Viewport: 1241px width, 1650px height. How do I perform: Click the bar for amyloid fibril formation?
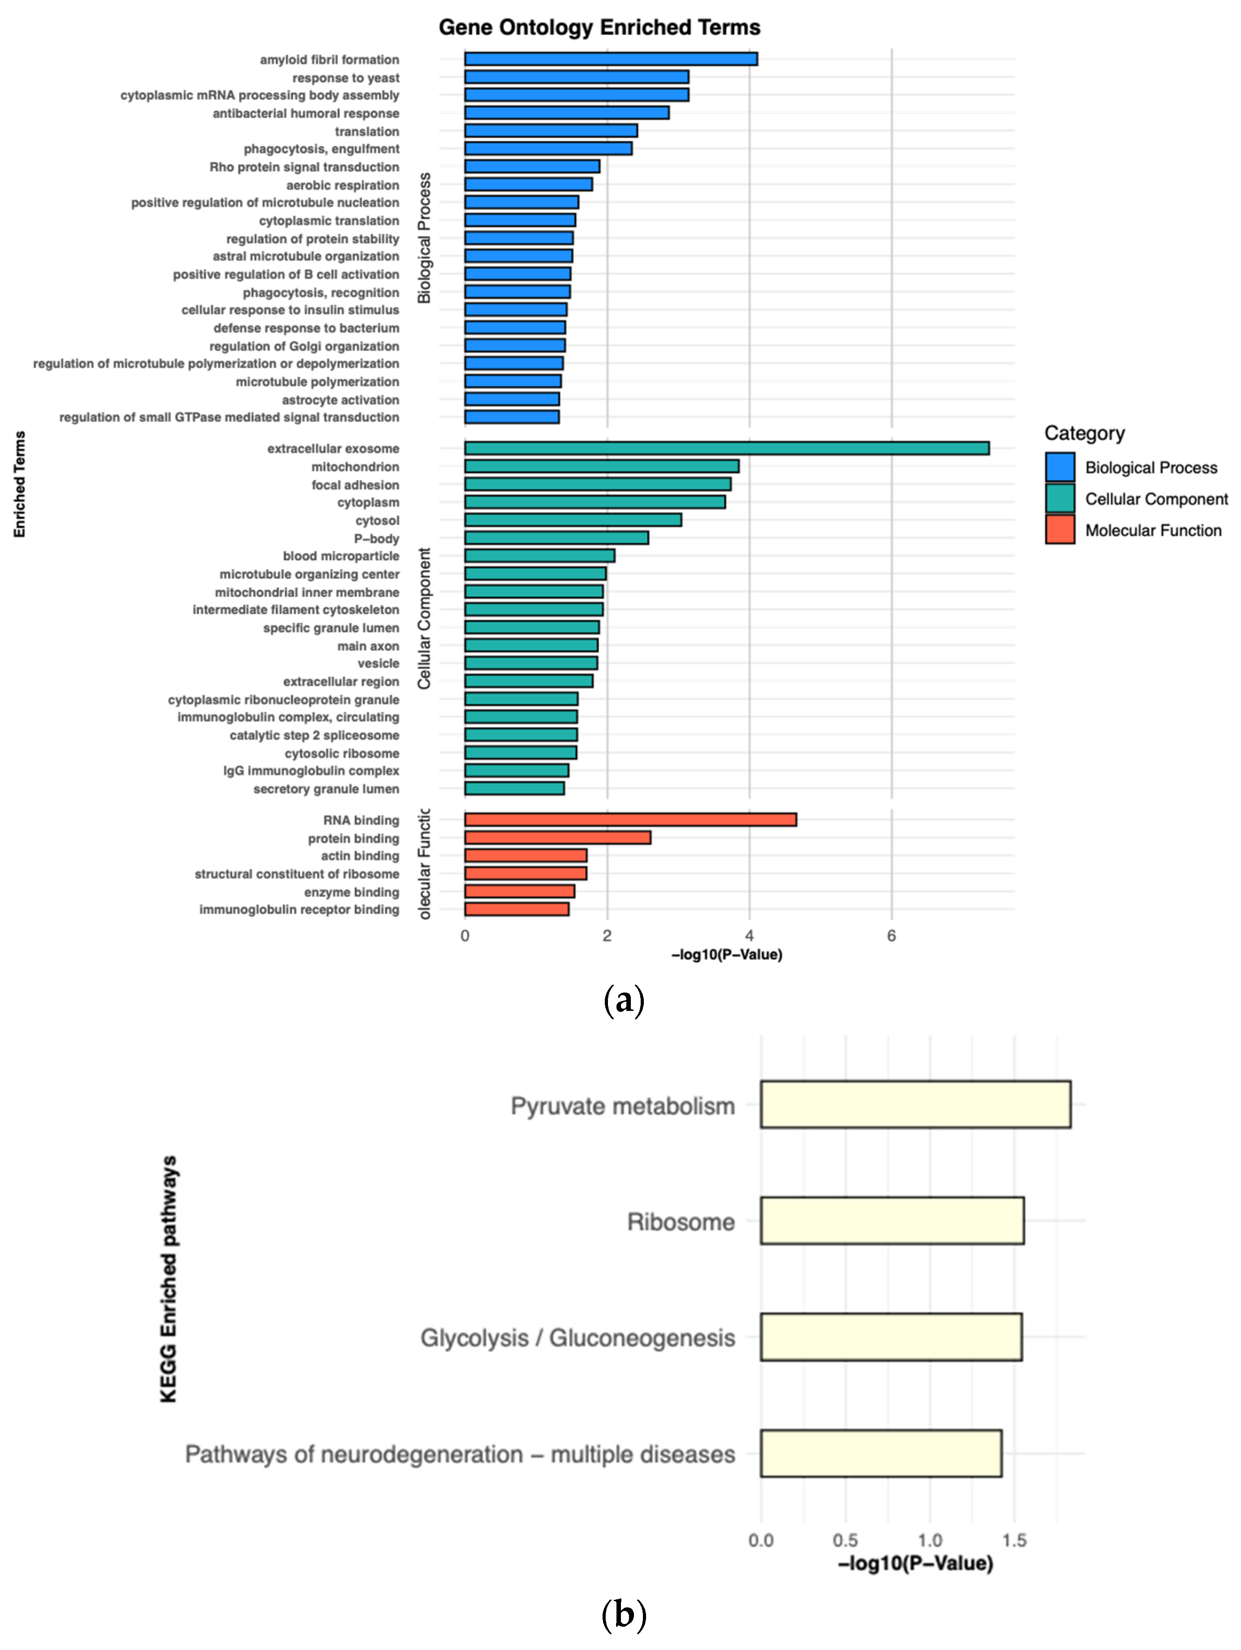(x=610, y=59)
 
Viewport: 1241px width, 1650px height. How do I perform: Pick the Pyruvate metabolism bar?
(x=915, y=1104)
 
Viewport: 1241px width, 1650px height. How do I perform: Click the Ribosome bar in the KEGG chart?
(x=892, y=1220)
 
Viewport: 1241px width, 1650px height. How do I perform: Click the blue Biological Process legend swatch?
(x=1059, y=467)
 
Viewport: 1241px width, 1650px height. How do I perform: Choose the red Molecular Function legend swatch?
(x=1059, y=530)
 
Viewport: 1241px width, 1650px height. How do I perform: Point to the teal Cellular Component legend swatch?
(x=1059, y=498)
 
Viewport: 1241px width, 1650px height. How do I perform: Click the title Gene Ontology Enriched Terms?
(x=599, y=28)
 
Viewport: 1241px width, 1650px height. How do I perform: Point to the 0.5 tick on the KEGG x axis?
(x=845, y=1540)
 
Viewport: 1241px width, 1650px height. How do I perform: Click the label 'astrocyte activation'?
(x=340, y=400)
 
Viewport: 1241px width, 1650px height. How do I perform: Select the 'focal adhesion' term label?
(x=355, y=485)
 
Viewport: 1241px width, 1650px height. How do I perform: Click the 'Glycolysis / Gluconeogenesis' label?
(x=577, y=1337)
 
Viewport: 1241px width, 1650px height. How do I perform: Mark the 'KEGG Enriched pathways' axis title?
(x=169, y=1279)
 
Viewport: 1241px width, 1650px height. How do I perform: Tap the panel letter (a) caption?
(x=623, y=1000)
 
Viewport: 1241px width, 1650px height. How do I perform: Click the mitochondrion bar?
(x=601, y=466)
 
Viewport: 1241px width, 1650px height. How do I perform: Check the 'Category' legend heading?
(x=1084, y=433)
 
